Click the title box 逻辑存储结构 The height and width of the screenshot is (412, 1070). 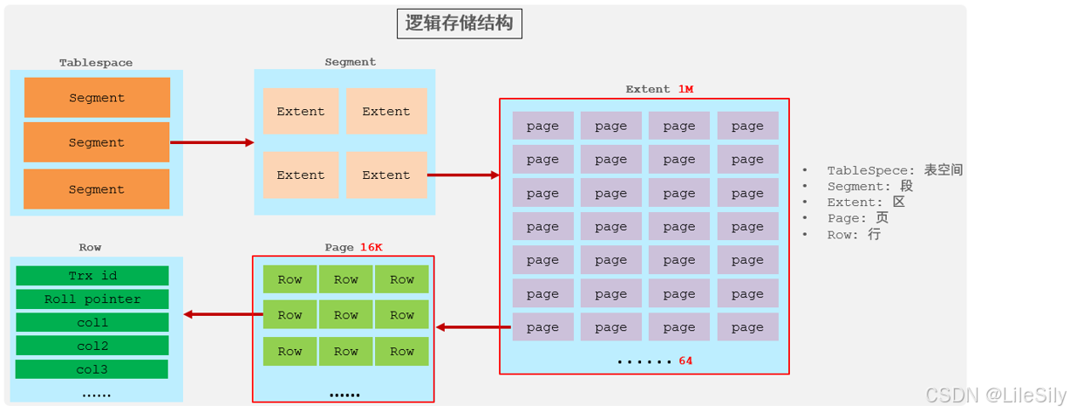[460, 24]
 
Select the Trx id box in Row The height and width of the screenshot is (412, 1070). [92, 276]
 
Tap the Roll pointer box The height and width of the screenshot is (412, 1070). [92, 299]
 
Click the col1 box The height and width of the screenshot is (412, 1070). [92, 323]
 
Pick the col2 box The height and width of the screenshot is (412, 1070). [92, 346]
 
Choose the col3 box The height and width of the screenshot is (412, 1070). [92, 369]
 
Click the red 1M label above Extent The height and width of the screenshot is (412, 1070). [685, 89]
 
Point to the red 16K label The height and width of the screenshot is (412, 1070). [371, 247]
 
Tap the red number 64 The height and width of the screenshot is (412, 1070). [685, 360]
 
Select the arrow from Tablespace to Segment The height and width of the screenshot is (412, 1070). [212, 142]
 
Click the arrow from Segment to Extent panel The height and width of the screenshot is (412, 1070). [463, 175]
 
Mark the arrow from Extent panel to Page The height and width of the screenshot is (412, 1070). [474, 327]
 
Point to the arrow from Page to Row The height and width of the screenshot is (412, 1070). [218, 314]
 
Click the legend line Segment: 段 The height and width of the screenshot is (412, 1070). [869, 186]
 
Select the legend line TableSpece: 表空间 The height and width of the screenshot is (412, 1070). [894, 170]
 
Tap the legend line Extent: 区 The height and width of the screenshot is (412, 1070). [866, 203]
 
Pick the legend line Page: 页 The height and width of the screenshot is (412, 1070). [857, 218]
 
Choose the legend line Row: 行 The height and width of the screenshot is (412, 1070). [854, 235]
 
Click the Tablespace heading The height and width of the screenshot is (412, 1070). [96, 63]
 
